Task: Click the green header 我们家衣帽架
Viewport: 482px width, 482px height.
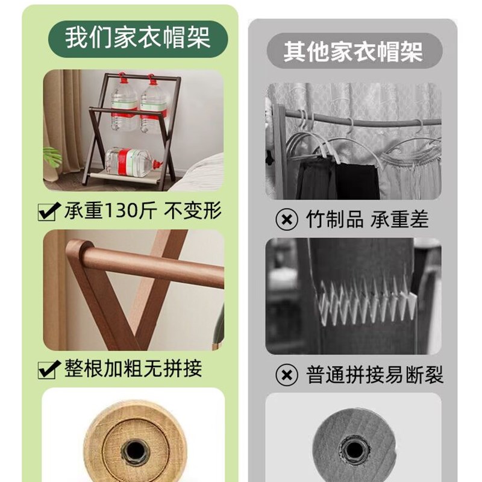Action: coord(138,37)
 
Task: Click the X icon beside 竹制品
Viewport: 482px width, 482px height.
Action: coord(287,219)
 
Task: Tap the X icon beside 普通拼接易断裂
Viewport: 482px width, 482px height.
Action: coord(287,375)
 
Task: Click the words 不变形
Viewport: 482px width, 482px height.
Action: coord(195,211)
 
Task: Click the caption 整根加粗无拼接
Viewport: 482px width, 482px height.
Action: coord(133,368)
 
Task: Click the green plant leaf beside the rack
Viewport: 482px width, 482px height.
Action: coord(53,157)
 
